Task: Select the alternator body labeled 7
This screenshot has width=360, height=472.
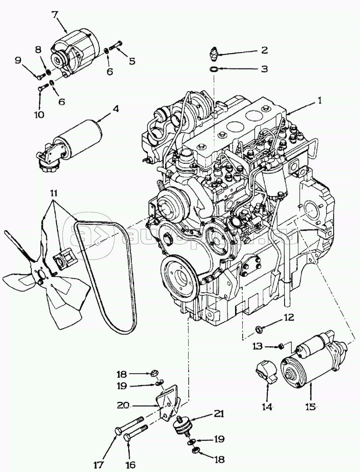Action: point(75,53)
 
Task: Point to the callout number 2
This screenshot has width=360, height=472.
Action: point(264,51)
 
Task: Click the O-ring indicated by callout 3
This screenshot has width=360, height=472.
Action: point(214,69)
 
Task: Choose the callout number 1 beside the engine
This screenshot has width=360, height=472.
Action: point(319,101)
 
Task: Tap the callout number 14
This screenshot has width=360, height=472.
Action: point(267,406)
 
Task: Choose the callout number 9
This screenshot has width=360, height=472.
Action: point(18,60)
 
